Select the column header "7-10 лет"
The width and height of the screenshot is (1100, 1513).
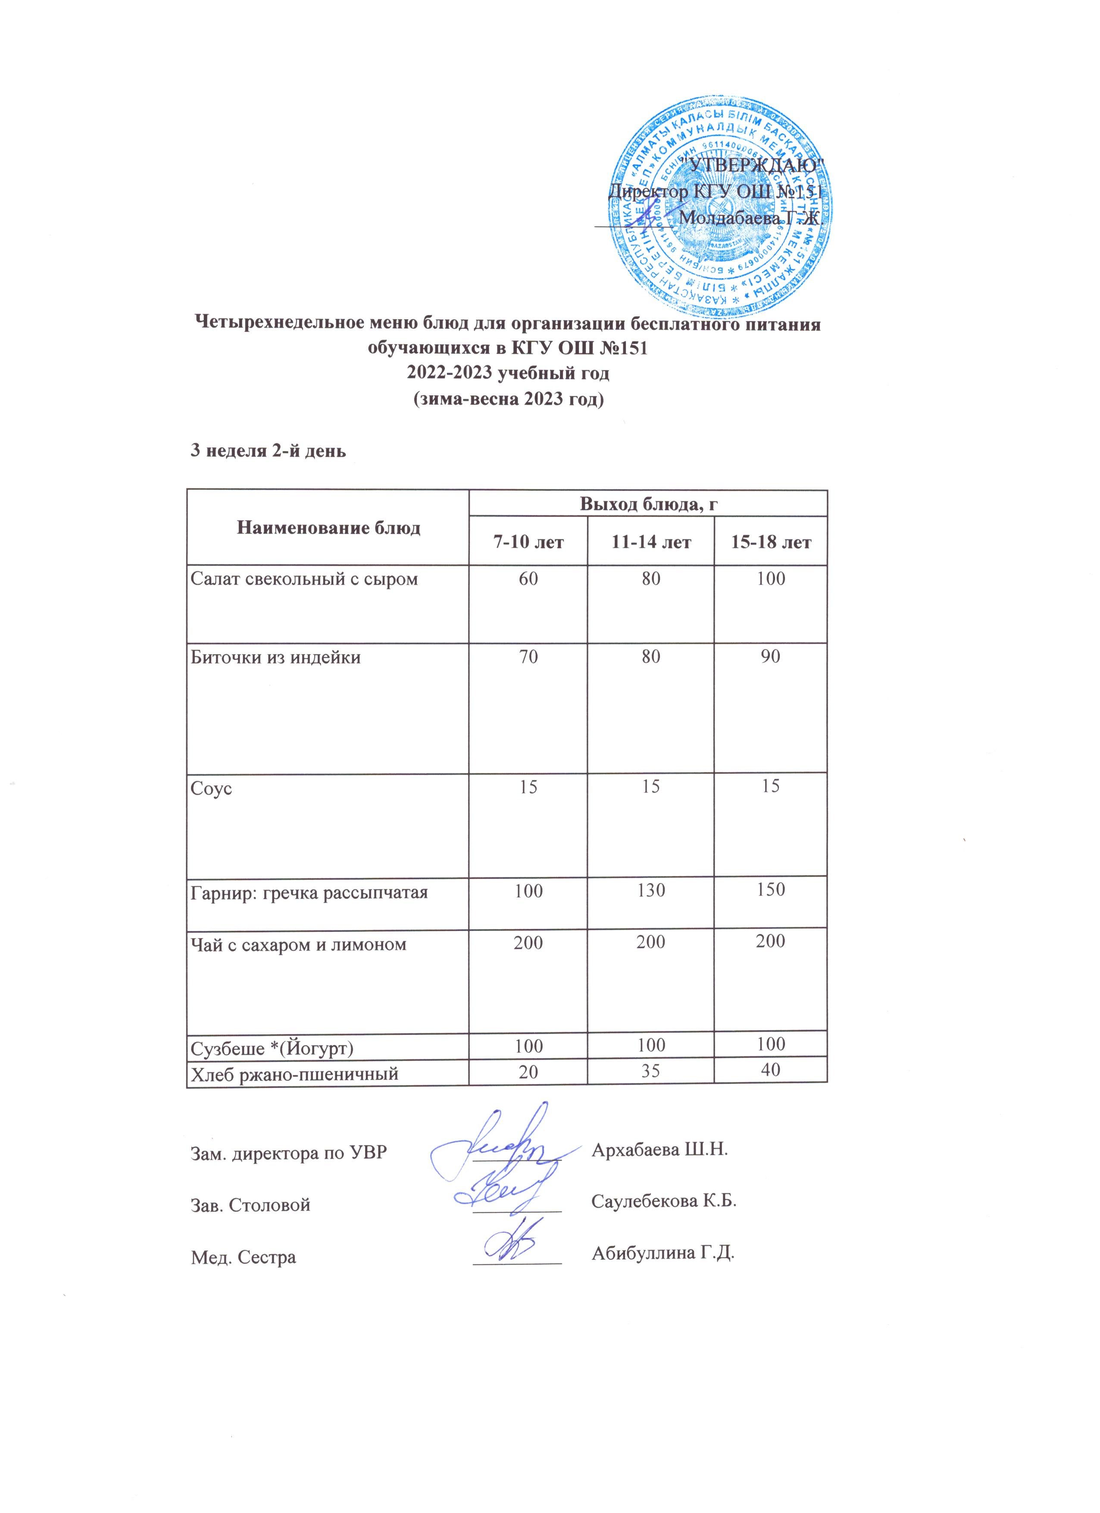528,542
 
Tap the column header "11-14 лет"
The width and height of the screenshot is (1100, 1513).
650,542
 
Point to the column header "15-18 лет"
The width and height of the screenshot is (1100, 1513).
770,542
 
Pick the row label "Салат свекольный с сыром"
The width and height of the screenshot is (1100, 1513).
304,578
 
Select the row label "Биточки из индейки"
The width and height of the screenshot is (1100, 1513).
275,657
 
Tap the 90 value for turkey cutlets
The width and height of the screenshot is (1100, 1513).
770,656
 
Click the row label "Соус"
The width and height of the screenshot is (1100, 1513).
212,788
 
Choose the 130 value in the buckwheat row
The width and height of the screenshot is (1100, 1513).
651,891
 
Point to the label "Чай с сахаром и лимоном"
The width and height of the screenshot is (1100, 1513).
298,944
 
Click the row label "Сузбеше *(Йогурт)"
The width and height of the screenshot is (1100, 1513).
272,1048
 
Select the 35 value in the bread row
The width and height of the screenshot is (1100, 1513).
651,1071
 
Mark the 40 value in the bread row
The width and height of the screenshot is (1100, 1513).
770,1070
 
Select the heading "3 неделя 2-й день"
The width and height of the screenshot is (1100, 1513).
268,451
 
